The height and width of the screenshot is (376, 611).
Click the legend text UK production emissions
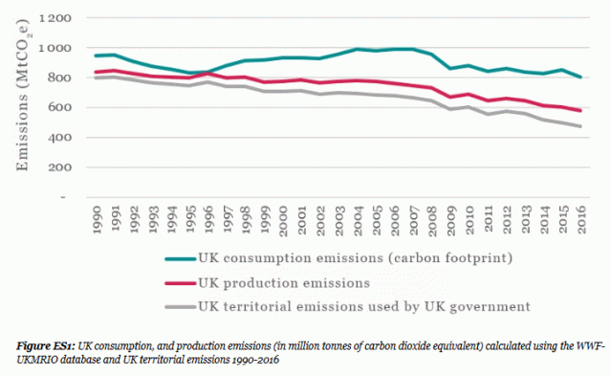coord(270,282)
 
